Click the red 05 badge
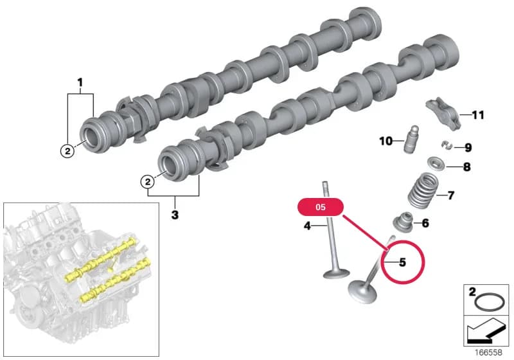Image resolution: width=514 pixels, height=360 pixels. (x=320, y=207)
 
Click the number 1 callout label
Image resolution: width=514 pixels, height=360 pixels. (x=80, y=83)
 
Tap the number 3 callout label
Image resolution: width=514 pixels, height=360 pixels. (x=175, y=215)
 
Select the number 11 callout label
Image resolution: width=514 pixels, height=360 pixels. (x=477, y=115)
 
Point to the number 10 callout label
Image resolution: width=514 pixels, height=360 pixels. (x=386, y=141)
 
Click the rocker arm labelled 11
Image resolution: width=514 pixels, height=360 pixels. (x=443, y=114)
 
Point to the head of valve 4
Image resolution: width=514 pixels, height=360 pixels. (x=336, y=273)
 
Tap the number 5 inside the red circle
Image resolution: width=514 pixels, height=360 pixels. (x=402, y=262)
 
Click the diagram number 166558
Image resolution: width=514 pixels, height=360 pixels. (x=488, y=352)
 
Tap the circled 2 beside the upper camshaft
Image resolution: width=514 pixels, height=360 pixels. (x=67, y=151)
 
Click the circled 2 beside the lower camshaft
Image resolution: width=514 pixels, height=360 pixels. (x=148, y=181)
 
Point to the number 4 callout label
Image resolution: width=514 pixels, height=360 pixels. (x=307, y=226)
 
